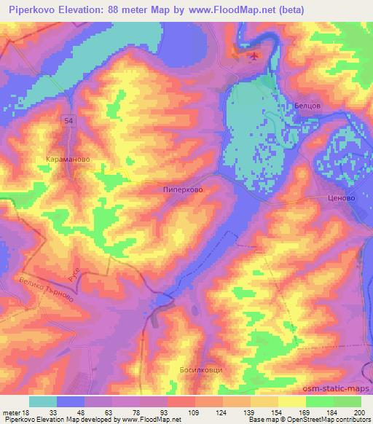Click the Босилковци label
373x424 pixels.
point(200,370)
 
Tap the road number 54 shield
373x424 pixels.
point(68,119)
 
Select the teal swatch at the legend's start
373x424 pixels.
point(43,401)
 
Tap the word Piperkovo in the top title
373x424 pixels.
point(31,9)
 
